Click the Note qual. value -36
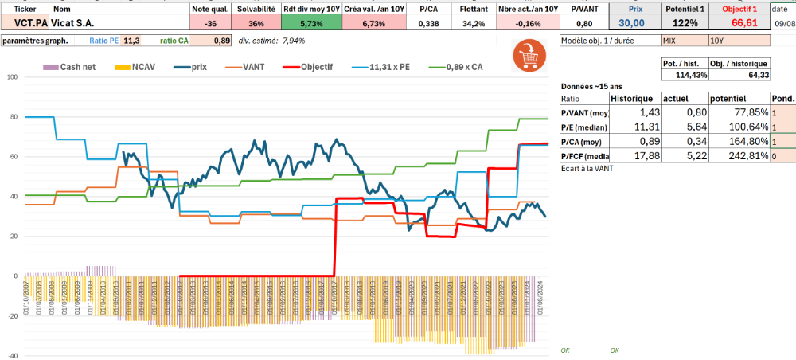[x=211, y=23]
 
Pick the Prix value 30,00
[x=633, y=23]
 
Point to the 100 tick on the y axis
[x=12, y=77]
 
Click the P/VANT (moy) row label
[x=584, y=112]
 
